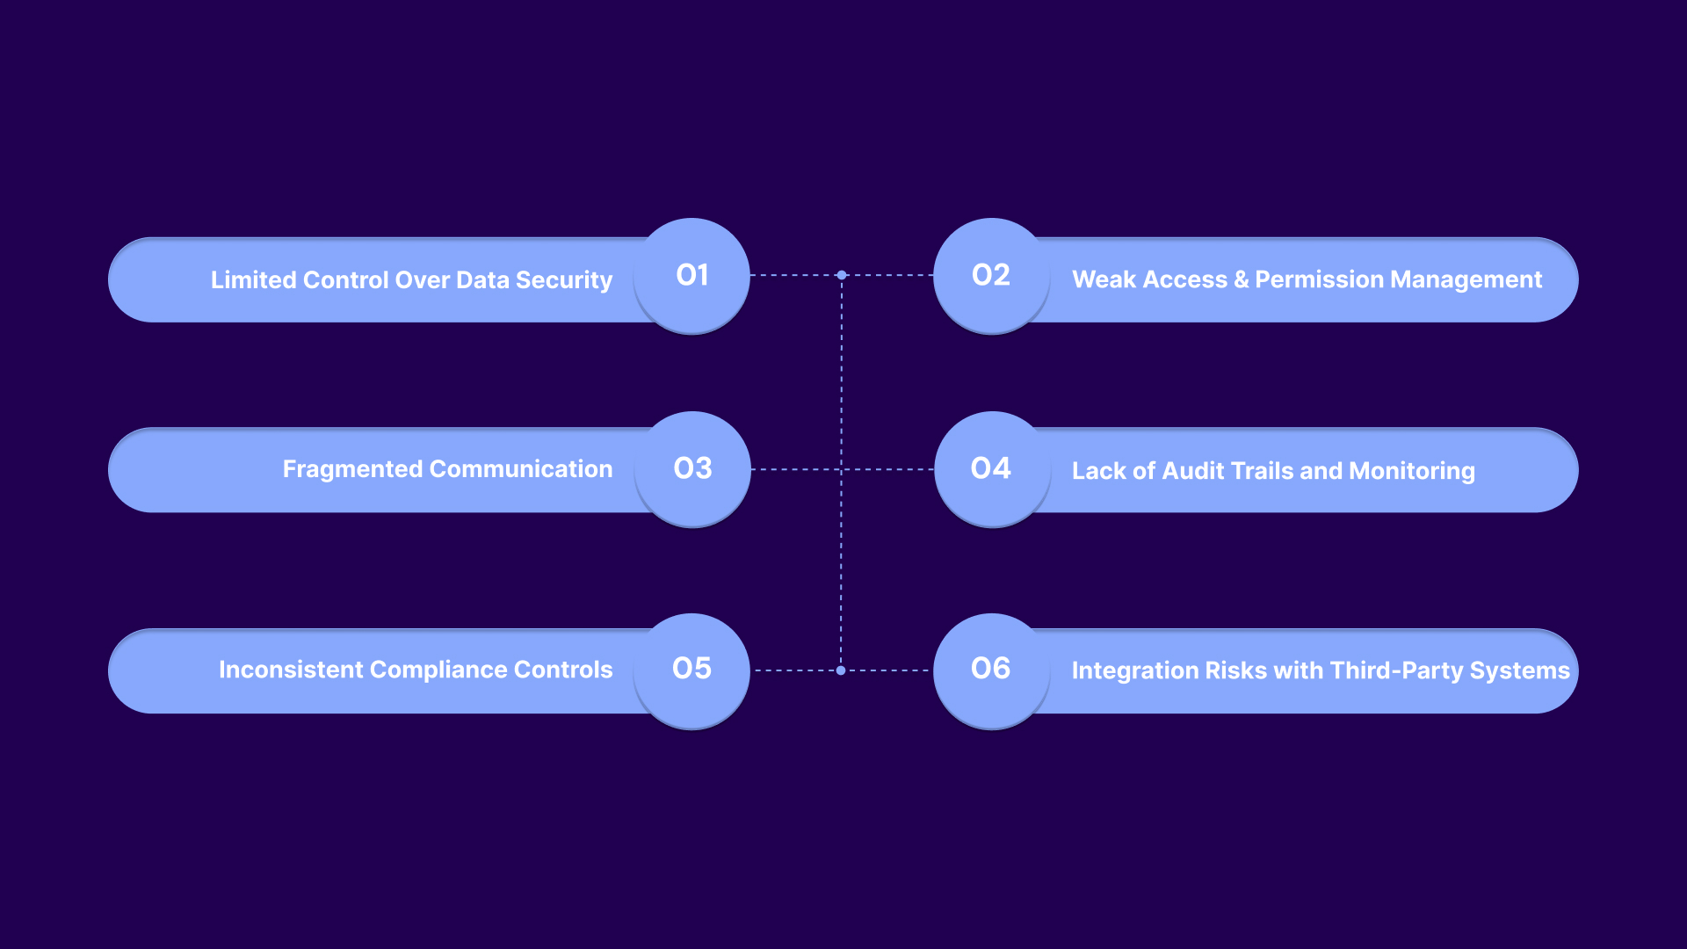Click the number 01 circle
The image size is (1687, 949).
tap(691, 275)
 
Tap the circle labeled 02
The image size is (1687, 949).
tap(991, 275)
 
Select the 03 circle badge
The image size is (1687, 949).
tap(692, 468)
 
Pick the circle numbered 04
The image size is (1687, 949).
tap(991, 468)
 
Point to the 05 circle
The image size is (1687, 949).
tap(691, 669)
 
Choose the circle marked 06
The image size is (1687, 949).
tap(991, 669)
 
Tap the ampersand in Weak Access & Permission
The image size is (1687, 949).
tap(1241, 279)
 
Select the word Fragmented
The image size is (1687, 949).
tap(352, 469)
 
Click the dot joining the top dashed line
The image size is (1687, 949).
tap(842, 275)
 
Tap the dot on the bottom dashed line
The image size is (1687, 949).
tap(841, 670)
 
